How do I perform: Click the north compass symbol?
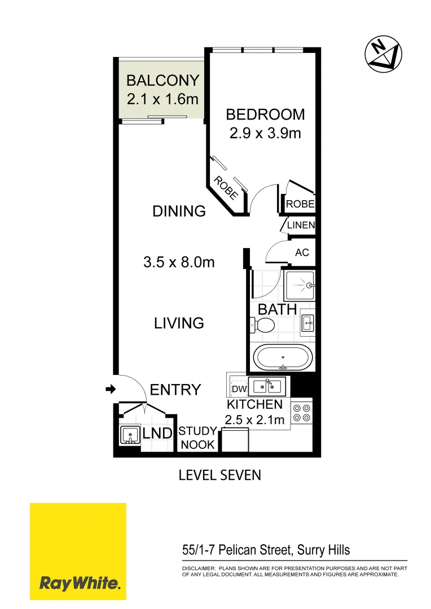coord(383,55)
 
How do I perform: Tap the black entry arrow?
coord(111,389)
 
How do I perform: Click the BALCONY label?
coord(162,80)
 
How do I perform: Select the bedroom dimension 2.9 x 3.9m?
coord(265,134)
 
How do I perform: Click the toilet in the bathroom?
coord(262,325)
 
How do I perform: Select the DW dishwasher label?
coord(238,389)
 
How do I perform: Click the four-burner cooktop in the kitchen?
coord(301,412)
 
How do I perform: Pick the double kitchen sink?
coord(267,386)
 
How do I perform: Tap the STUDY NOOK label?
coord(197,438)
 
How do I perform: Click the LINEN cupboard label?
coord(300,225)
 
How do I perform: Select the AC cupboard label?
coord(302,253)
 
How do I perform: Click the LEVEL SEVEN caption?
coord(219,475)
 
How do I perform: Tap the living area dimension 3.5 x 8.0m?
coord(179,262)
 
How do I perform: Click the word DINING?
coord(179,211)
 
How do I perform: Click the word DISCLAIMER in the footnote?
coord(198,568)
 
